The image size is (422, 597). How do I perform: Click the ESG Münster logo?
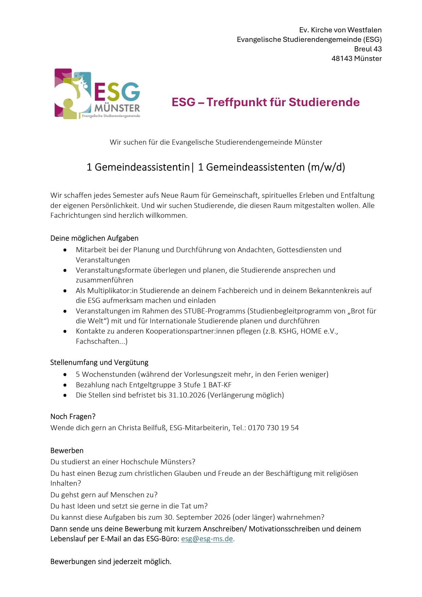tap(97, 94)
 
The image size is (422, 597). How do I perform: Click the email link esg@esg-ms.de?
tap(207, 539)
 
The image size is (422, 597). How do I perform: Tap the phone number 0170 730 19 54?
tap(273, 428)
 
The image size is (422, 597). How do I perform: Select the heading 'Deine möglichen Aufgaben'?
tap(94, 238)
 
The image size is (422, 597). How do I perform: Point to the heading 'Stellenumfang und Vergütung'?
tap(99, 362)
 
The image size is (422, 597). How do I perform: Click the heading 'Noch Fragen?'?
tap(73, 417)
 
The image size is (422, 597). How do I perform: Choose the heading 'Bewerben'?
tap(67, 451)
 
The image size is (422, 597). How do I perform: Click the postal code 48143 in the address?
tap(342, 59)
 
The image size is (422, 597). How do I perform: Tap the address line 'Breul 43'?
tap(368, 49)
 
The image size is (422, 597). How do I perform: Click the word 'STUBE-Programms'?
tap(214, 311)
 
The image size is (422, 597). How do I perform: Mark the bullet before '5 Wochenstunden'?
tap(65, 374)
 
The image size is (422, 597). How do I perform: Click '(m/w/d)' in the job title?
tap(326, 167)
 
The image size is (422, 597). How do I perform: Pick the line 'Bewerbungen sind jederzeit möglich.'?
tap(111, 562)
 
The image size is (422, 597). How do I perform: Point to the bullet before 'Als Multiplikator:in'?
tap(65, 291)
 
